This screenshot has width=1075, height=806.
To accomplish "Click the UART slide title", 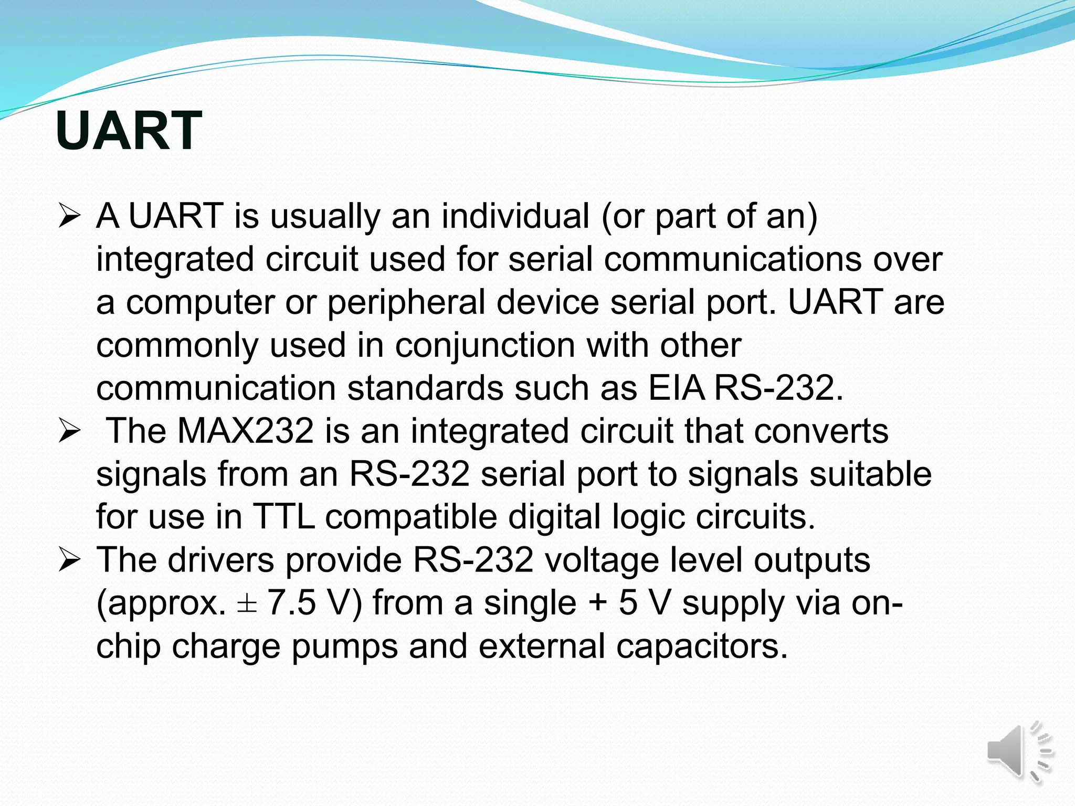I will click(129, 131).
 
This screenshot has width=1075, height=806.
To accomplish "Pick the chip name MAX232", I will click(246, 431).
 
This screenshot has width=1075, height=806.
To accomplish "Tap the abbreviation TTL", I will click(283, 517).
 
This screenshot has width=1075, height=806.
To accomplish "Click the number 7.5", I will click(291, 603).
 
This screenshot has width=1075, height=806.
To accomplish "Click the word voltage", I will click(602, 561).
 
